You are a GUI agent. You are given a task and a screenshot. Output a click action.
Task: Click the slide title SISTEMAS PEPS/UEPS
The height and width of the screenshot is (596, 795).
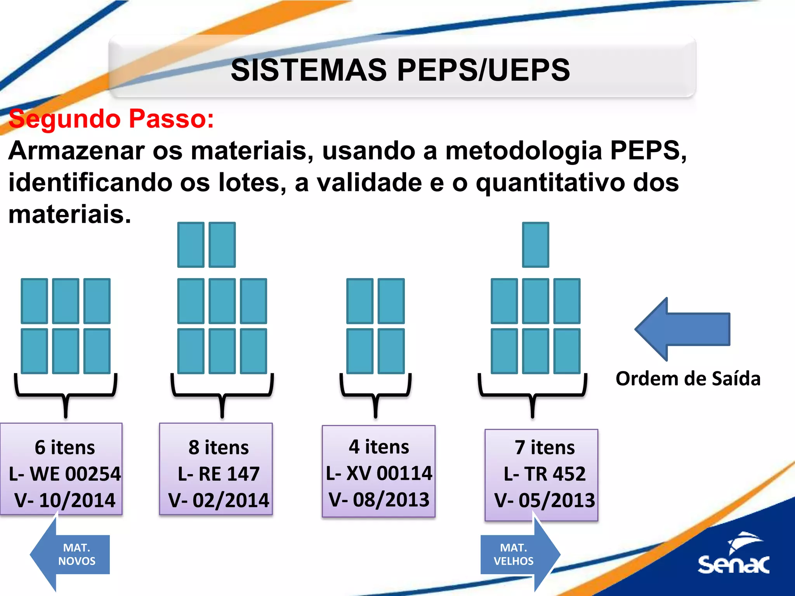click(400, 70)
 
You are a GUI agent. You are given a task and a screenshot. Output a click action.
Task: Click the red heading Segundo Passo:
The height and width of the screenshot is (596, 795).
click(111, 118)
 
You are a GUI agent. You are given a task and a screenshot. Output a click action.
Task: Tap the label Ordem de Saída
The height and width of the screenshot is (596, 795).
click(688, 379)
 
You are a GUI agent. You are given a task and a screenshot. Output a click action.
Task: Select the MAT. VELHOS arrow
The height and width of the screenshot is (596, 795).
click(519, 554)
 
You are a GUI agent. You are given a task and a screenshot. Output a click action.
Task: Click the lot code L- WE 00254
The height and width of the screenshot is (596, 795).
click(65, 474)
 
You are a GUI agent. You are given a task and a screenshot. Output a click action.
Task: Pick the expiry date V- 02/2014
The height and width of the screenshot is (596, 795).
click(219, 500)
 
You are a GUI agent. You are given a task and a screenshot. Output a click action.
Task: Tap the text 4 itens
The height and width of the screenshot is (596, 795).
click(379, 447)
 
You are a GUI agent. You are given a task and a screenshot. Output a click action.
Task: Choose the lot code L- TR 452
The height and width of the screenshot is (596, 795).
click(545, 474)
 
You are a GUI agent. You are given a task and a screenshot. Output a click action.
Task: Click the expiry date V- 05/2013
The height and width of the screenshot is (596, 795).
click(545, 500)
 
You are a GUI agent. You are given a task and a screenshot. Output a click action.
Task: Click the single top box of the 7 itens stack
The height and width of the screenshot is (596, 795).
click(536, 245)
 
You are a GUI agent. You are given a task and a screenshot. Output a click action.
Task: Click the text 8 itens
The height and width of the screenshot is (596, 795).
click(219, 447)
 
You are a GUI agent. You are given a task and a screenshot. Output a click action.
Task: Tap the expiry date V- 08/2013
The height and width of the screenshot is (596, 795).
click(379, 499)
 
